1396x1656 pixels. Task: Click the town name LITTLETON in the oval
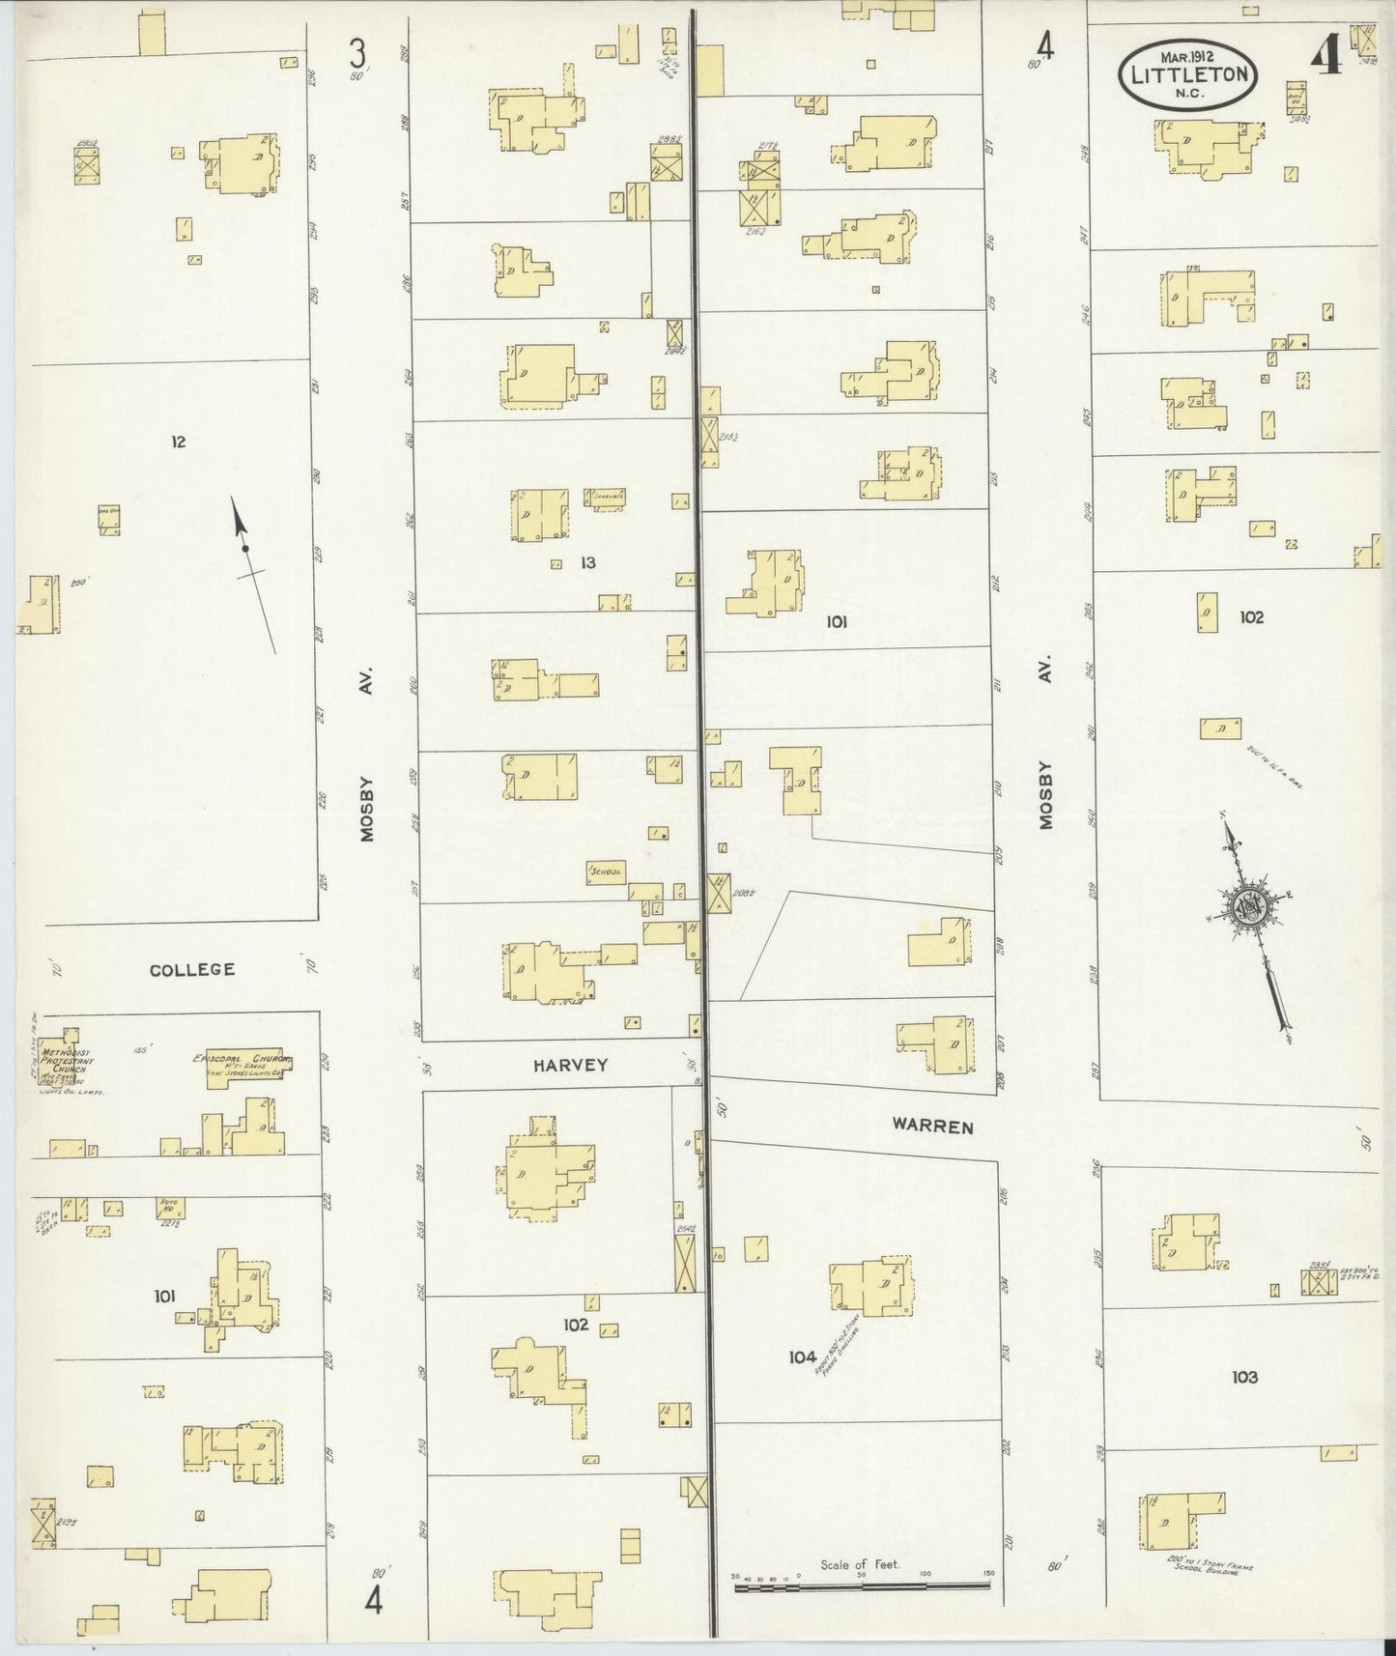tap(1187, 73)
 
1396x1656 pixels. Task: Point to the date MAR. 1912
tap(1187, 55)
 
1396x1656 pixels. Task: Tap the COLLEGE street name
tap(192, 969)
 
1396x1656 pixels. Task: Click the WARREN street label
tap(932, 1126)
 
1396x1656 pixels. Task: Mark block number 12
tap(179, 443)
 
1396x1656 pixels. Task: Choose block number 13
tap(587, 562)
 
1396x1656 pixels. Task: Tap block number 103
tap(1244, 1377)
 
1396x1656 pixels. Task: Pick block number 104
tap(803, 1356)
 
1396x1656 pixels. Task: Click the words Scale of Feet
tap(860, 1563)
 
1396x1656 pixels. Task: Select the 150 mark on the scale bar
tap(987, 1574)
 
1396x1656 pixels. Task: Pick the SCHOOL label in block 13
tap(606, 872)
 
